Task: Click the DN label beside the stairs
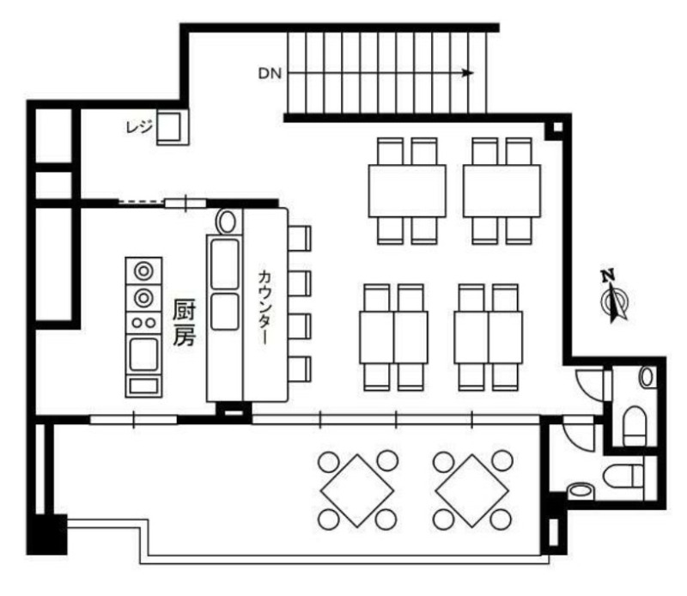pyautogui.click(x=270, y=74)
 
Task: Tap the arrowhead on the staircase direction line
pyautogui.click(x=469, y=73)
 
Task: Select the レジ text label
pyautogui.click(x=138, y=127)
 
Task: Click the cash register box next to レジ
pyautogui.click(x=173, y=127)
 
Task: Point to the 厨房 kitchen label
pyautogui.click(x=184, y=322)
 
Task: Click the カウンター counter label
pyautogui.click(x=264, y=307)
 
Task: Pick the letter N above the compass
pyautogui.click(x=607, y=276)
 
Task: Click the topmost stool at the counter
pyautogui.click(x=300, y=239)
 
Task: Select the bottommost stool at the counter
pyautogui.click(x=300, y=369)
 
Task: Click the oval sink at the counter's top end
pyautogui.click(x=226, y=222)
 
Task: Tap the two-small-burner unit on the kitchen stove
pyautogui.click(x=143, y=323)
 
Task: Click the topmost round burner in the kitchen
pyautogui.click(x=143, y=271)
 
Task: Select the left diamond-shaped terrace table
pyautogui.click(x=357, y=490)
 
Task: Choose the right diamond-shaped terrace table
pyautogui.click(x=471, y=490)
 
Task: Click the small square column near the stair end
pyautogui.click(x=557, y=127)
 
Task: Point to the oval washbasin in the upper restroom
pyautogui.click(x=647, y=377)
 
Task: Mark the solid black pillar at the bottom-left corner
pyautogui.click(x=47, y=534)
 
